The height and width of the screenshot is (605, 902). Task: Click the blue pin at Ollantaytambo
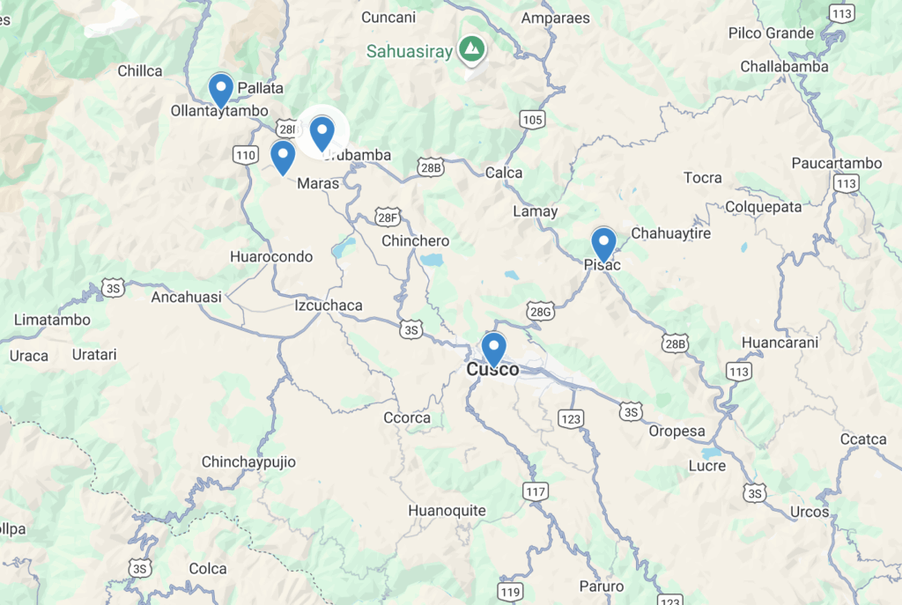pyautogui.click(x=220, y=89)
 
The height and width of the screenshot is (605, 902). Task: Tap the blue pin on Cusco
pyautogui.click(x=494, y=348)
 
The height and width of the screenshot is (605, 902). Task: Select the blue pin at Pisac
pyautogui.click(x=603, y=243)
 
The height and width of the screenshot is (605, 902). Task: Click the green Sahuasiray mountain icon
pyautogui.click(x=473, y=50)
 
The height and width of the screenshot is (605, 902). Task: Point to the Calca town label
pyautogui.click(x=504, y=173)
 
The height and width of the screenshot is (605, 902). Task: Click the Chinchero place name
pyautogui.click(x=415, y=240)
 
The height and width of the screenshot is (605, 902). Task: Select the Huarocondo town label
pyautogui.click(x=270, y=257)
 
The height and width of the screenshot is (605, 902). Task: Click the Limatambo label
pyautogui.click(x=52, y=320)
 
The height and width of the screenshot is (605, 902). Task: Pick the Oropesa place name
pyautogui.click(x=677, y=432)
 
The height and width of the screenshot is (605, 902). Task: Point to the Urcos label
pyautogui.click(x=810, y=512)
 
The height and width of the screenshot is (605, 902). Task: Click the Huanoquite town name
pyautogui.click(x=447, y=510)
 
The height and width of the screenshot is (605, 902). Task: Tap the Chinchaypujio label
pyautogui.click(x=248, y=462)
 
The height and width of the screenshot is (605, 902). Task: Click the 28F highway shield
pyautogui.click(x=387, y=217)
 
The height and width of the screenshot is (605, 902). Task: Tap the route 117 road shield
pyautogui.click(x=535, y=491)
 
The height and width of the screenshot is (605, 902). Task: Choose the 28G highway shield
pyautogui.click(x=540, y=311)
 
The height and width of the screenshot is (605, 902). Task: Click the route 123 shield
pyautogui.click(x=571, y=418)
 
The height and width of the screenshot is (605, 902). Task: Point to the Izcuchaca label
pyautogui.click(x=328, y=306)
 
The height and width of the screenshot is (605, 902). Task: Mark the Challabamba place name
pyautogui.click(x=784, y=67)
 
